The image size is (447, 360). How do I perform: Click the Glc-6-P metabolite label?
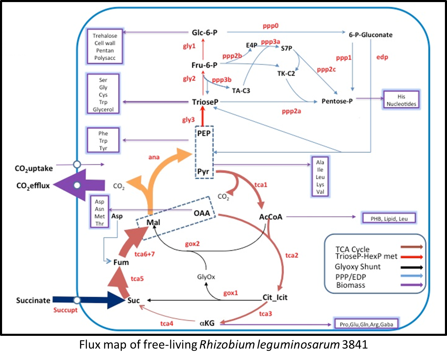coord(205,32)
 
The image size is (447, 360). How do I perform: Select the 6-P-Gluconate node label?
coord(370,35)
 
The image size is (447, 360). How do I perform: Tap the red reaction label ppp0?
coord(270,26)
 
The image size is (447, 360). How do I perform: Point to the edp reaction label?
coord(382,57)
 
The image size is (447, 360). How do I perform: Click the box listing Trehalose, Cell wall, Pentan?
coord(105,47)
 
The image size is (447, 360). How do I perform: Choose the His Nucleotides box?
coord(401,100)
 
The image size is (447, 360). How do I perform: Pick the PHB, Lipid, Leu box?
coord(389,218)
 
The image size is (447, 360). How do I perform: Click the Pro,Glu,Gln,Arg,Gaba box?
coord(366,324)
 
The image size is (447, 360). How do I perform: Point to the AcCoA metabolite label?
coord(270,217)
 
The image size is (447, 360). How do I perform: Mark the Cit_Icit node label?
coord(275,297)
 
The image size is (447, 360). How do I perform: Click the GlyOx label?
coord(206,277)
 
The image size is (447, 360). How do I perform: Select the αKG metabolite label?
coord(207,323)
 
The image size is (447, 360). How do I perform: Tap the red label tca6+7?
coord(145,254)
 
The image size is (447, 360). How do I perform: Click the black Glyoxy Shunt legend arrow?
coord(412,267)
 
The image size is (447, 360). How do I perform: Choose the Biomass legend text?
coord(351,285)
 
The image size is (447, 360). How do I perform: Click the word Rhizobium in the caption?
coord(225,344)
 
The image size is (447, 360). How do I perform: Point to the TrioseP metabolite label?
coord(205,102)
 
